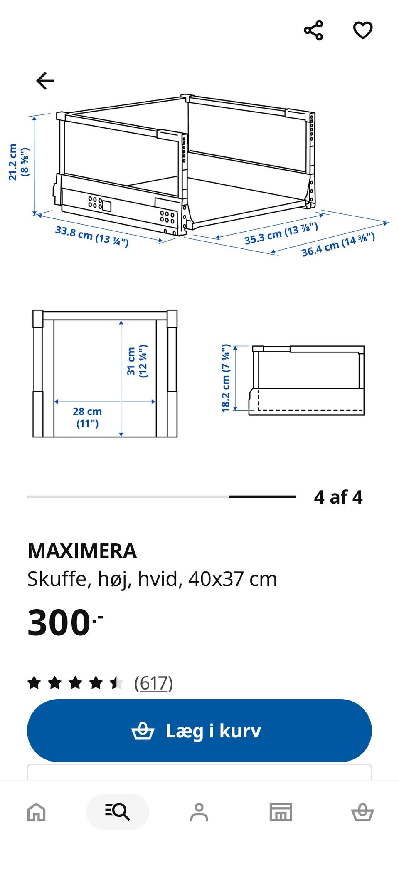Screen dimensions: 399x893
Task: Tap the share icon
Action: (x=313, y=30)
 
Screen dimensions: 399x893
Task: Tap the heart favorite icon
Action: (x=363, y=30)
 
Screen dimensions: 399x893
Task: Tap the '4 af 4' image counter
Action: (x=338, y=497)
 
